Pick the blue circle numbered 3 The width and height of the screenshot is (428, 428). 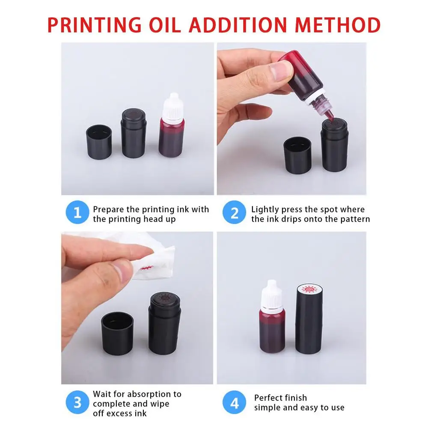tap(77, 403)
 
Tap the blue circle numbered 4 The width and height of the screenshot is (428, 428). tap(235, 403)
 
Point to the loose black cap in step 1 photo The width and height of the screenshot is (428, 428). tap(99, 141)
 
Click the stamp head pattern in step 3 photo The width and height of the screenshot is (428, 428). tap(163, 298)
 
